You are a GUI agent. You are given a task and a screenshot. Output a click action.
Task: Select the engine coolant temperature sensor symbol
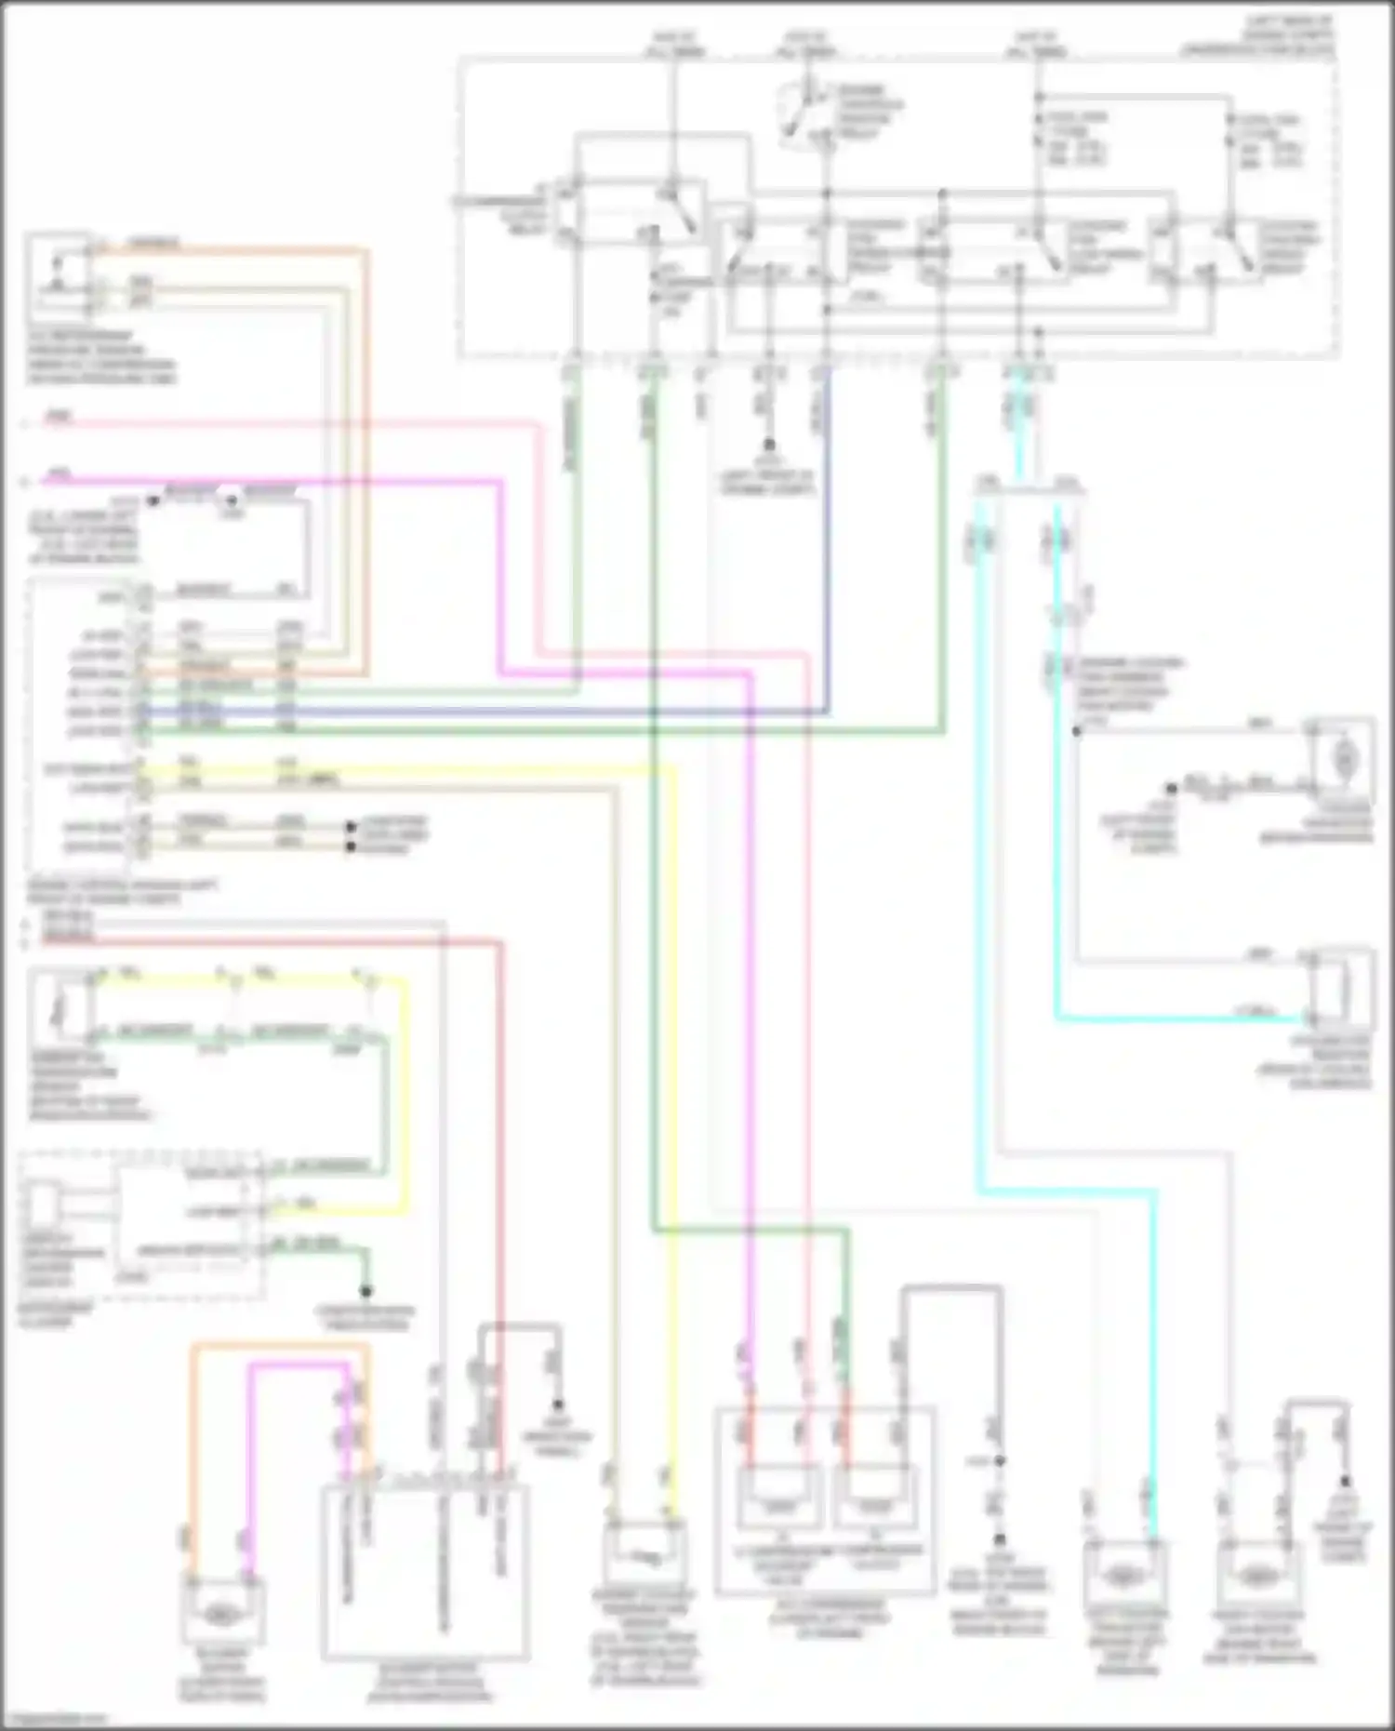(x=645, y=1554)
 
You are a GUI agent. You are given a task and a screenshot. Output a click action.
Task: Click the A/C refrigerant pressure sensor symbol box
(x=58, y=276)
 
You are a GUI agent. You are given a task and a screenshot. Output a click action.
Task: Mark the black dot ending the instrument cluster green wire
(x=366, y=1292)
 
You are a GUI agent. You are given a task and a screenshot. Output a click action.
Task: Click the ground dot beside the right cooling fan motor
(x=1346, y=1482)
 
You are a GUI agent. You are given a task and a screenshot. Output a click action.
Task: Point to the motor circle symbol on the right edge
(x=1343, y=761)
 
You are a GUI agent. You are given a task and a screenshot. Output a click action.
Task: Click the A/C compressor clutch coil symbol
(x=875, y=1505)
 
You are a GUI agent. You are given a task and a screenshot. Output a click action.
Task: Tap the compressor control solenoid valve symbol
(x=779, y=1505)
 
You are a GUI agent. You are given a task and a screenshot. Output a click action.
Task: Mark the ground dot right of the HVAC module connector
(x=558, y=1405)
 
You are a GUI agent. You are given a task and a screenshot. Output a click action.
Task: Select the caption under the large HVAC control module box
(x=425, y=1681)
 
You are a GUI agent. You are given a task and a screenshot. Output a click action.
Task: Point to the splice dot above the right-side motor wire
(x=1077, y=731)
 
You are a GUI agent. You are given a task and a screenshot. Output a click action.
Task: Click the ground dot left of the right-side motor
(x=1172, y=788)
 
